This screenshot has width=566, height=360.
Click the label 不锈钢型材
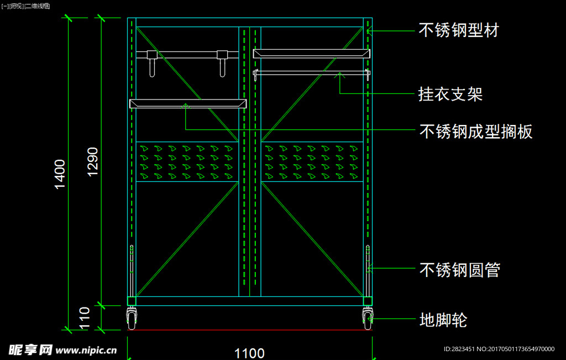pyautogui.click(x=459, y=30)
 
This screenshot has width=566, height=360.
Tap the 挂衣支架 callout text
pyautogui.click(x=450, y=94)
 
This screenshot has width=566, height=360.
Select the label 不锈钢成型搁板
pyautogui.click(x=476, y=131)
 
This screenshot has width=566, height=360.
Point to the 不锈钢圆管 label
pyautogui.click(x=460, y=270)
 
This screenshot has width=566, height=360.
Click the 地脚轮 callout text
pyautogui.click(x=443, y=320)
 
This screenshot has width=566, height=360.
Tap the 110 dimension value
pyautogui.click(x=84, y=318)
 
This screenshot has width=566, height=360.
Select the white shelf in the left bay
pyautogui.click(x=187, y=103)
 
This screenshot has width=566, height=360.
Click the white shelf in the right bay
pyautogui.click(x=311, y=54)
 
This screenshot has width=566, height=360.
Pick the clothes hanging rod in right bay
pyautogui.click(x=311, y=72)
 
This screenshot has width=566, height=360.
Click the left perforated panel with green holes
pyautogui.click(x=187, y=161)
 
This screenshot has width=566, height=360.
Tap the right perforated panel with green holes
pyautogui.click(x=312, y=161)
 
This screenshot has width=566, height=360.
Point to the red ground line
pyautogui.click(x=249, y=330)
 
